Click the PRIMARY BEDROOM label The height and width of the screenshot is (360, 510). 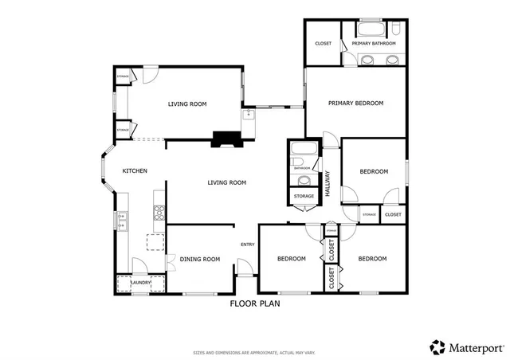click(x=355, y=103)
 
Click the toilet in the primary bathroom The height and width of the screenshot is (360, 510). click(x=396, y=30)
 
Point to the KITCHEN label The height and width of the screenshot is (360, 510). click(x=133, y=171)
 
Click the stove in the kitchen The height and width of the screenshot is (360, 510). click(x=159, y=212)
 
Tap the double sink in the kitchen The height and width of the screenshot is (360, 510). click(x=123, y=219)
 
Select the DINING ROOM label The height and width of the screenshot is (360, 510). click(x=199, y=259)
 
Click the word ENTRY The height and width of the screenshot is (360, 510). click(x=247, y=245)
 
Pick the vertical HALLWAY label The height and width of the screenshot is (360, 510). click(x=327, y=183)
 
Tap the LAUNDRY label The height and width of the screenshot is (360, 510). click(x=140, y=282)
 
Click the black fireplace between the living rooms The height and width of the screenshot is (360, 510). click(x=224, y=139)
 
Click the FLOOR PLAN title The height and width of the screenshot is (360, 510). click(x=255, y=303)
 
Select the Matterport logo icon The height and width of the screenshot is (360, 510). click(x=437, y=346)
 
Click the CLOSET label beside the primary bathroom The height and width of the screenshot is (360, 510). click(x=323, y=43)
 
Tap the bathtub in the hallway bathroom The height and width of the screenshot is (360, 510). click(x=302, y=150)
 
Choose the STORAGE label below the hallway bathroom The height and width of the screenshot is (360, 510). click(x=303, y=196)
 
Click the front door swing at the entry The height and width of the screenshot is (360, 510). click(x=245, y=269)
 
